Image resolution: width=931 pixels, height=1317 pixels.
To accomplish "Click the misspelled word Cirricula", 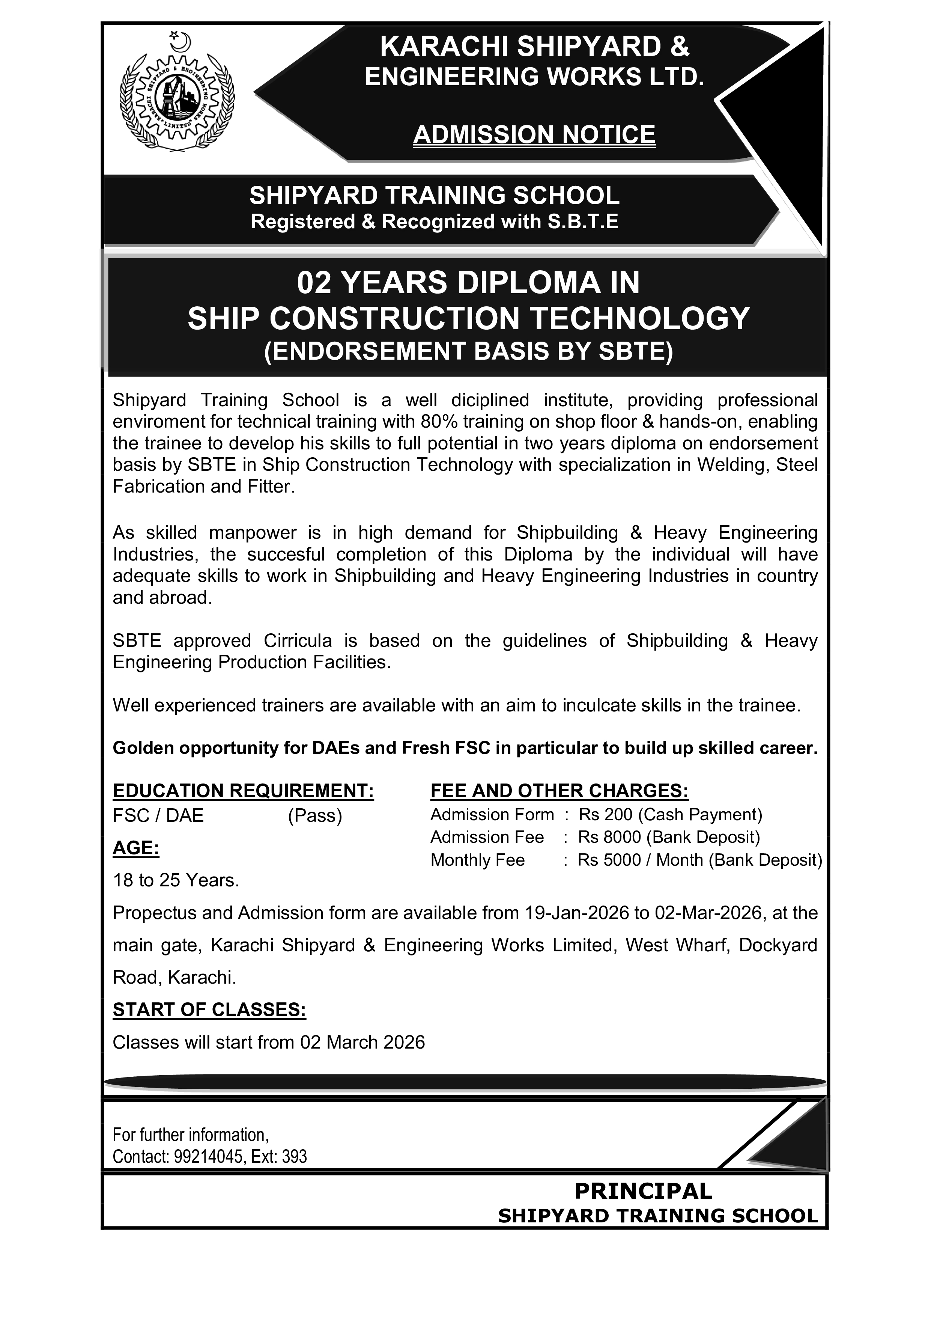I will (x=298, y=641).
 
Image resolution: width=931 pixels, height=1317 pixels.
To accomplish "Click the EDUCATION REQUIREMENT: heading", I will (x=243, y=791).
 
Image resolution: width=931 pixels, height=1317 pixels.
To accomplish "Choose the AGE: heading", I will (x=136, y=848).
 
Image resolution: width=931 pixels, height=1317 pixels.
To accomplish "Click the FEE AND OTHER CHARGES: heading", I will (x=559, y=791).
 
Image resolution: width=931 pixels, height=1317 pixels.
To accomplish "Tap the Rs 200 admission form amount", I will (x=604, y=815).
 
